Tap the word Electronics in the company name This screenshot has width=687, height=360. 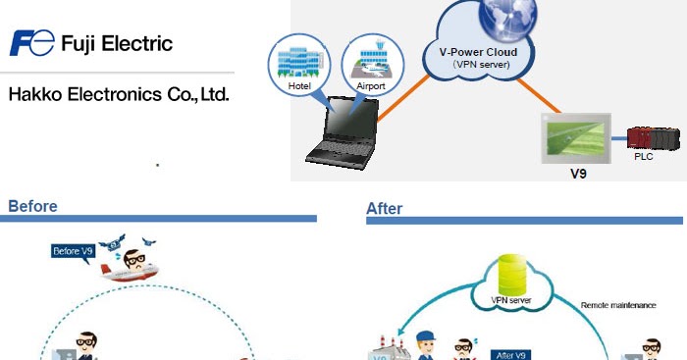[118, 96]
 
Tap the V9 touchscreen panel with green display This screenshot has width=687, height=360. [579, 137]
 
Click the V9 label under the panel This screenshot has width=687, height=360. [579, 174]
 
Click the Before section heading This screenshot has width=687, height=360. [32, 206]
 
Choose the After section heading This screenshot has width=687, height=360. [384, 208]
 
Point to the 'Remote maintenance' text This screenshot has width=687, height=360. [618, 305]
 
